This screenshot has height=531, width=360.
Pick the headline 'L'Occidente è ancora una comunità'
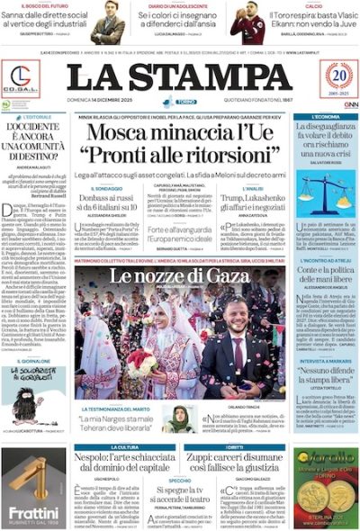click(32, 144)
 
